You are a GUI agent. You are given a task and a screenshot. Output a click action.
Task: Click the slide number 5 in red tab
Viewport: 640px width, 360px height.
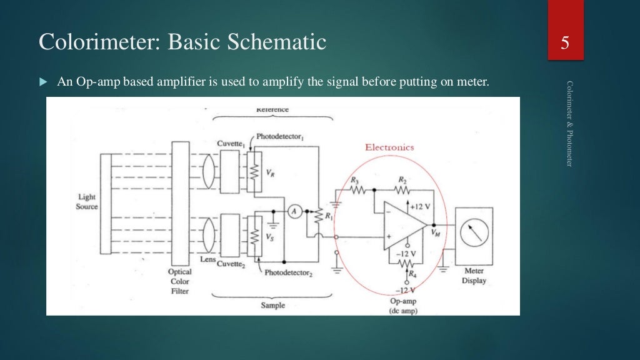tap(566, 44)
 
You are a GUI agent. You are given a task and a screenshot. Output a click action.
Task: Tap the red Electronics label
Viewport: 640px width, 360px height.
tap(389, 147)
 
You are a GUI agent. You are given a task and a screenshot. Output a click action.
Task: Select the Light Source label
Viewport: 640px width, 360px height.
tap(87, 202)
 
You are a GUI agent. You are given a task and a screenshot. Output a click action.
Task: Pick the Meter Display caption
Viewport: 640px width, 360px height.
tap(474, 276)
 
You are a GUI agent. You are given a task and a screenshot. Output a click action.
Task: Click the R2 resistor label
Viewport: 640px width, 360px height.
tap(402, 179)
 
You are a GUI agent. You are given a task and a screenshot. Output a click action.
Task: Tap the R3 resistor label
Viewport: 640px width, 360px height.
tap(355, 179)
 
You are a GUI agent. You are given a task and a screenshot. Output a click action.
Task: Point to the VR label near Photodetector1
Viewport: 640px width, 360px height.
tap(269, 176)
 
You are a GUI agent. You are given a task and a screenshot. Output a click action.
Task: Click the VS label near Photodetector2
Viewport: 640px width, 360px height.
tap(269, 237)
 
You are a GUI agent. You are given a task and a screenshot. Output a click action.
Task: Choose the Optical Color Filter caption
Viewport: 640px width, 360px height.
tap(179, 281)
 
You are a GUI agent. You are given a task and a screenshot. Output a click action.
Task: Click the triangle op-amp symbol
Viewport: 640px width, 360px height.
tap(404, 225)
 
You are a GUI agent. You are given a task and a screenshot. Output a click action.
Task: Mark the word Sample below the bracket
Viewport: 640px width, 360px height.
tap(272, 305)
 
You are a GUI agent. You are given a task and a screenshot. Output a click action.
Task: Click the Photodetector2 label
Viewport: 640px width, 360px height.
tap(288, 273)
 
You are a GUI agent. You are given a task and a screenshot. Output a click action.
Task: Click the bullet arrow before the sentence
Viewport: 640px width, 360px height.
tap(43, 82)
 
